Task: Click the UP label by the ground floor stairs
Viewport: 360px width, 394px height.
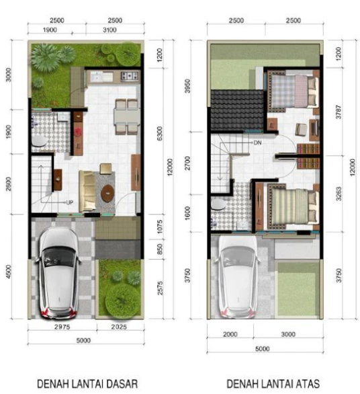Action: [x=70, y=202]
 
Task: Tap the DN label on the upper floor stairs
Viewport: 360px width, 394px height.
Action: [x=257, y=143]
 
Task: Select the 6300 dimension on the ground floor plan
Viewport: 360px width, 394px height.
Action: [x=159, y=133]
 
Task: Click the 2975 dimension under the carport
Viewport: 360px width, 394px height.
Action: [x=62, y=327]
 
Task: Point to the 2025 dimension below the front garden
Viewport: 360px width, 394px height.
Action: [x=119, y=327]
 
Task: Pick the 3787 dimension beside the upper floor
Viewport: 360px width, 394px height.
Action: [x=339, y=112]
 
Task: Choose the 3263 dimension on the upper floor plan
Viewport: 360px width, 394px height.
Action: [x=339, y=194]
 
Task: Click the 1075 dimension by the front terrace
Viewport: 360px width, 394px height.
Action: [x=160, y=227]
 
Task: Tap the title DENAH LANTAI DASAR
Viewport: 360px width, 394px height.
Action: [x=87, y=384]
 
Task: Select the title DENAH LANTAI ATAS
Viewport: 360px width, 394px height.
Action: [x=273, y=384]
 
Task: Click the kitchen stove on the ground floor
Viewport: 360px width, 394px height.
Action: [x=130, y=76]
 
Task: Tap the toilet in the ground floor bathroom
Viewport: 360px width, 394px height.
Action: [x=39, y=141]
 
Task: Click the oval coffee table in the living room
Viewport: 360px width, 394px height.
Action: [x=107, y=193]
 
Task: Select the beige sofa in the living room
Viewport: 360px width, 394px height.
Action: [x=87, y=191]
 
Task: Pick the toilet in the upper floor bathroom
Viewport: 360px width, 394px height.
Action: [x=218, y=204]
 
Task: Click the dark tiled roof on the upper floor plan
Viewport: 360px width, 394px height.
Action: [x=236, y=110]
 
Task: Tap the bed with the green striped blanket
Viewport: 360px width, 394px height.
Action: [x=293, y=206]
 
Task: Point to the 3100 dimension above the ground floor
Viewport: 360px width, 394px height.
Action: [x=109, y=30]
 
